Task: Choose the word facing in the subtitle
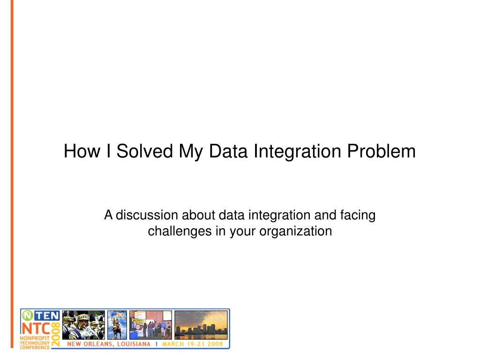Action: point(358,215)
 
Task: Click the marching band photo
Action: point(83,324)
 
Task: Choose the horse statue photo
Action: point(117,324)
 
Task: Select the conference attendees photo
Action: point(150,324)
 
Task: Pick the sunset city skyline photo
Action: point(201,324)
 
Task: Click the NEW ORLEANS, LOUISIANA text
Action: point(109,344)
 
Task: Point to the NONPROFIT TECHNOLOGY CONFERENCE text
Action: point(35,342)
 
